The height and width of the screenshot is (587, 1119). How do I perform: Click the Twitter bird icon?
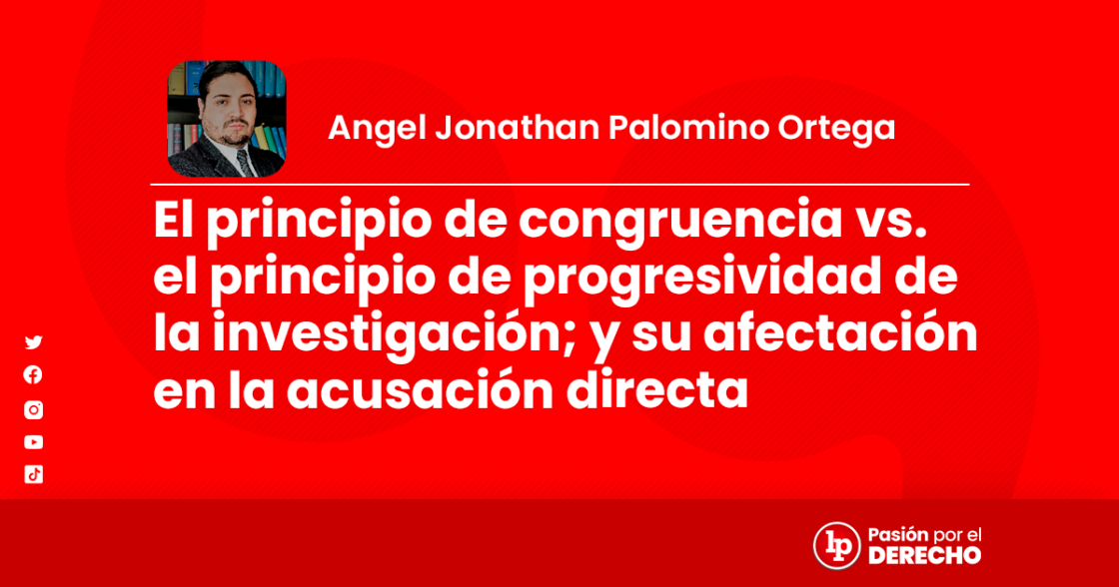[x=34, y=342]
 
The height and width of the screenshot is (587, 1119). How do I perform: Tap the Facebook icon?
[x=34, y=375]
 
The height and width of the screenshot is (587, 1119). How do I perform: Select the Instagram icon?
[x=34, y=409]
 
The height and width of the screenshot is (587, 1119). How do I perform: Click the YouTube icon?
[x=34, y=442]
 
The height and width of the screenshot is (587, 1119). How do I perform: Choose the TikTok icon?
[x=34, y=475]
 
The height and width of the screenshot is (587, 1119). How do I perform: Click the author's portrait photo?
[x=226, y=119]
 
